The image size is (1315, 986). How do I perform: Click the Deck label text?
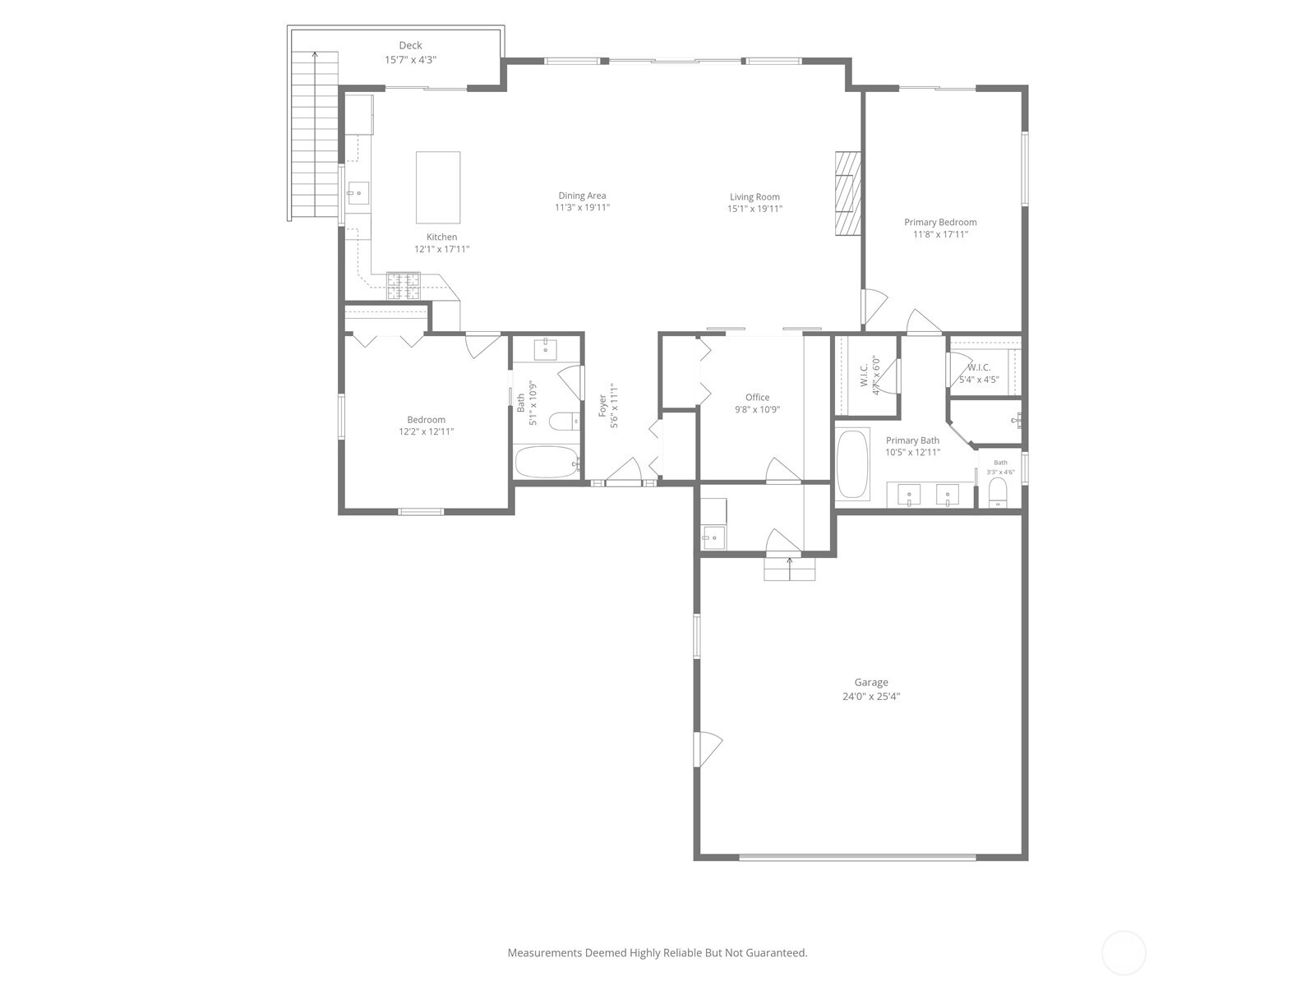click(x=410, y=45)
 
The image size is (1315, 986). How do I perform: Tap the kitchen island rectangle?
click(x=438, y=187)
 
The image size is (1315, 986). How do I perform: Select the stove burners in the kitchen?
click(x=404, y=286)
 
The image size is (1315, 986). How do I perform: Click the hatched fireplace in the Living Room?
click(x=848, y=193)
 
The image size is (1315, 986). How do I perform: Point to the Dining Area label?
click(x=582, y=196)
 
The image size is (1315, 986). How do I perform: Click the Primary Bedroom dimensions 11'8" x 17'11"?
click(x=940, y=235)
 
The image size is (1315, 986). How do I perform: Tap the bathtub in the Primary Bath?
click(x=852, y=463)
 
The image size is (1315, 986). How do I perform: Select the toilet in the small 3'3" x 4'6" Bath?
click(x=998, y=493)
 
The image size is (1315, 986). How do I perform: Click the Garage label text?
click(x=871, y=683)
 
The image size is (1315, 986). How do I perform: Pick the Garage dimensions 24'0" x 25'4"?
click(x=871, y=696)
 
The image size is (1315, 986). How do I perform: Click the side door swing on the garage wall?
click(x=708, y=749)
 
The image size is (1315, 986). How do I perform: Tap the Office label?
click(x=757, y=398)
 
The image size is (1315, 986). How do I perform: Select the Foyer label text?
click(x=602, y=406)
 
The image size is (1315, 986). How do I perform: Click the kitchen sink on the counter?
click(x=358, y=193)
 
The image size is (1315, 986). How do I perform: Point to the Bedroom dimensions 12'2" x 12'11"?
click(x=427, y=431)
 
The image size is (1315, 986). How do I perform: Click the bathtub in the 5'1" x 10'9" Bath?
click(x=547, y=462)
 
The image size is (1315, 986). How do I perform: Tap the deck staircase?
click(x=315, y=136)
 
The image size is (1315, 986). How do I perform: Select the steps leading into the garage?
click(x=789, y=569)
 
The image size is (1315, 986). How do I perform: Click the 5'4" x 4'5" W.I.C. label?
click(x=979, y=374)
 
